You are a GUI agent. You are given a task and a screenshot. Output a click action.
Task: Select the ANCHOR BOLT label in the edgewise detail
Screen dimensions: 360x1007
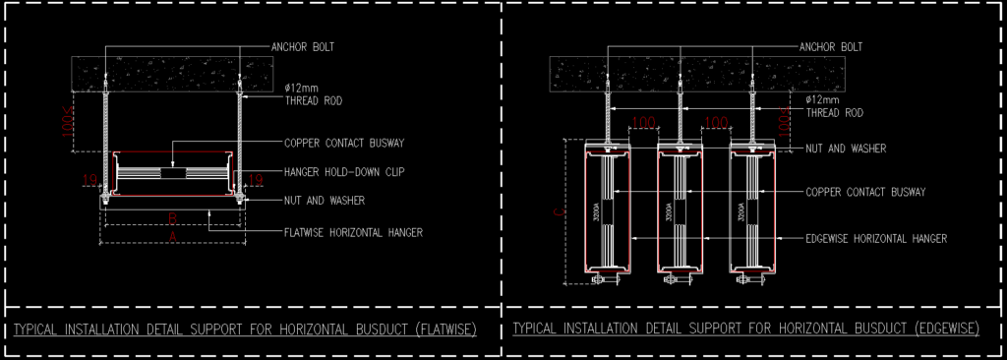[831, 46]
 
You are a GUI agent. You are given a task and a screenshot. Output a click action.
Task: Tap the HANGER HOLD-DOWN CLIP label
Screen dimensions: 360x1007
[343, 171]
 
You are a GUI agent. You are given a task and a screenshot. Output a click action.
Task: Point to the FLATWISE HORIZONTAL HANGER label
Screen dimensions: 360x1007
[352, 233]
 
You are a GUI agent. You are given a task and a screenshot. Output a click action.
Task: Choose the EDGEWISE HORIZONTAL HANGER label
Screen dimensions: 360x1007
[875, 238]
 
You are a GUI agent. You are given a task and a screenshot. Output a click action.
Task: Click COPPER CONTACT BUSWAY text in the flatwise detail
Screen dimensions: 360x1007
[343, 143]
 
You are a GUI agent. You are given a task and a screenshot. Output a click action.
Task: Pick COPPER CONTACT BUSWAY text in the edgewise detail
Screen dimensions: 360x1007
[865, 192]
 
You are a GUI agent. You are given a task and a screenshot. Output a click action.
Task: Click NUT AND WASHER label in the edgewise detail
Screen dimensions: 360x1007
[846, 149]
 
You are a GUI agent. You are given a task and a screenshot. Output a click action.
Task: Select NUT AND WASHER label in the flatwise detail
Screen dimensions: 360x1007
[325, 201]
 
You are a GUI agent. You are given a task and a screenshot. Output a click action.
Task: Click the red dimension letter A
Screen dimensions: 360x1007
[172, 236]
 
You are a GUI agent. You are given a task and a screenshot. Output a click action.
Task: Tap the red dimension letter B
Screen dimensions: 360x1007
[172, 216]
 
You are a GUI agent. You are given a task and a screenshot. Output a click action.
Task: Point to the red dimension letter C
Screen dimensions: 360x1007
[561, 210]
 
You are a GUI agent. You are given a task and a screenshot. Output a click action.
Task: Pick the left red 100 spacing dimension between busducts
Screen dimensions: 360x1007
[643, 123]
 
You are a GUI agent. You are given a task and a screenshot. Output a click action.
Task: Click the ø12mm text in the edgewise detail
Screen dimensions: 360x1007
[822, 99]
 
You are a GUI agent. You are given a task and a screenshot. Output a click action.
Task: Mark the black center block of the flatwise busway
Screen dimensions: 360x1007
[172, 173]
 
